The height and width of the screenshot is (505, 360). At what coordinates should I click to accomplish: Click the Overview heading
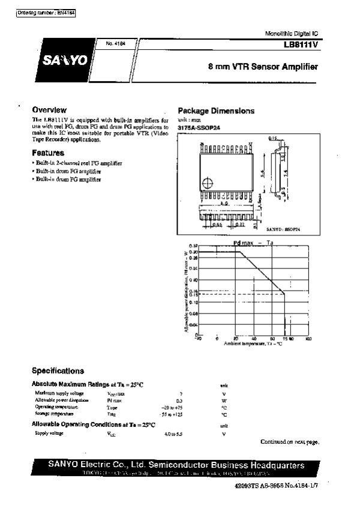click(49, 110)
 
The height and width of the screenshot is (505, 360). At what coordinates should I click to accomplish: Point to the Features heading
click(48, 153)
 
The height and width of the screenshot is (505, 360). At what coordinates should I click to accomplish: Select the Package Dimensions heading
click(216, 111)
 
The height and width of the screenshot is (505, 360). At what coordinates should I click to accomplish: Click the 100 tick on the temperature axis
click(308, 339)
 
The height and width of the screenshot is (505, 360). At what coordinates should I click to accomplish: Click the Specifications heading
click(58, 371)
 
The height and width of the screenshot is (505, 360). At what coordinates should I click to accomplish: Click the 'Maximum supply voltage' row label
click(59, 393)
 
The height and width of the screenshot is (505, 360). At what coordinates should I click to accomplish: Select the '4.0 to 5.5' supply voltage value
click(171, 433)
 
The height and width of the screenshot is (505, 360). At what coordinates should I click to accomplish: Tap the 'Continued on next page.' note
click(289, 442)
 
